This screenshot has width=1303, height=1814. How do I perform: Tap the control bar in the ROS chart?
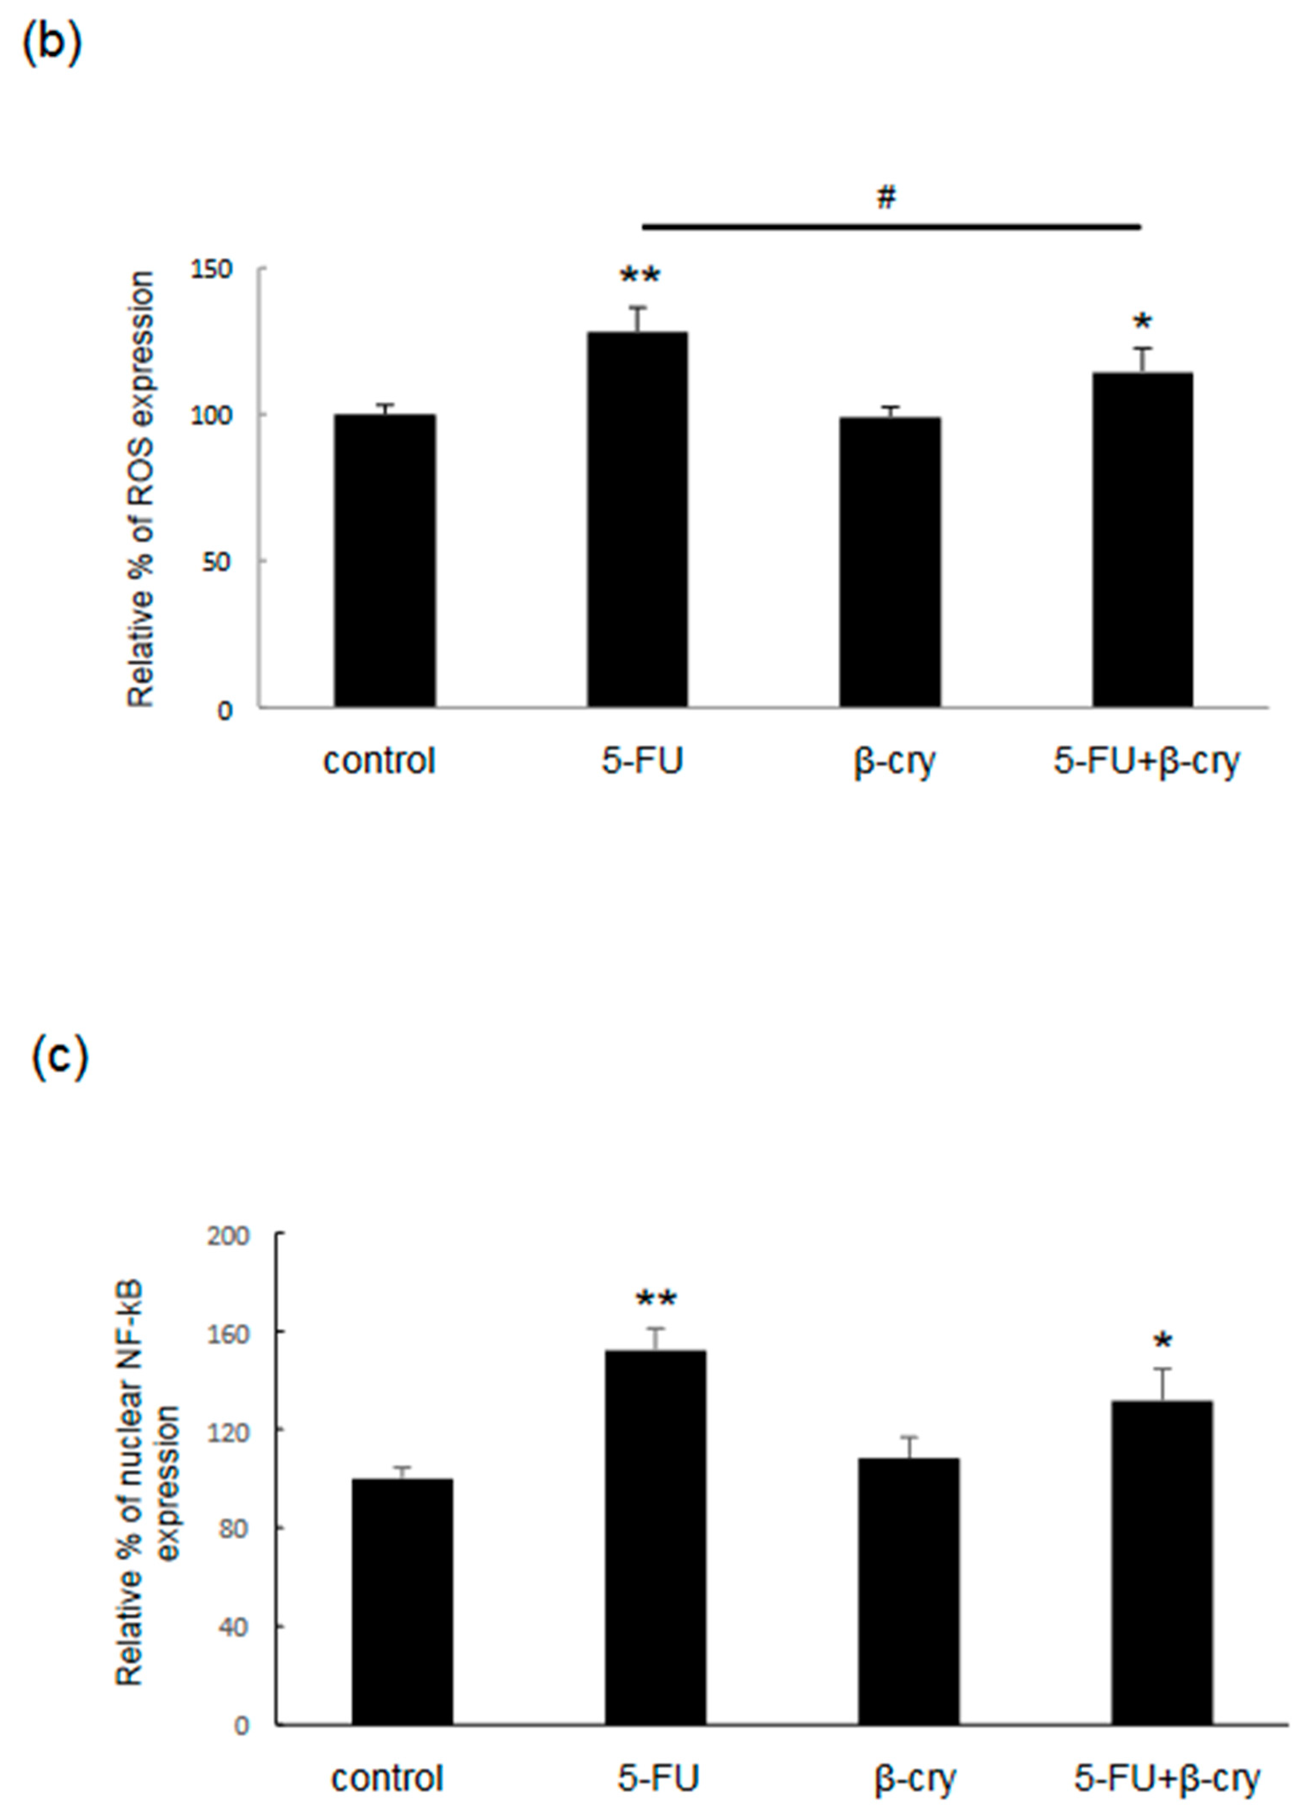point(385,560)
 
